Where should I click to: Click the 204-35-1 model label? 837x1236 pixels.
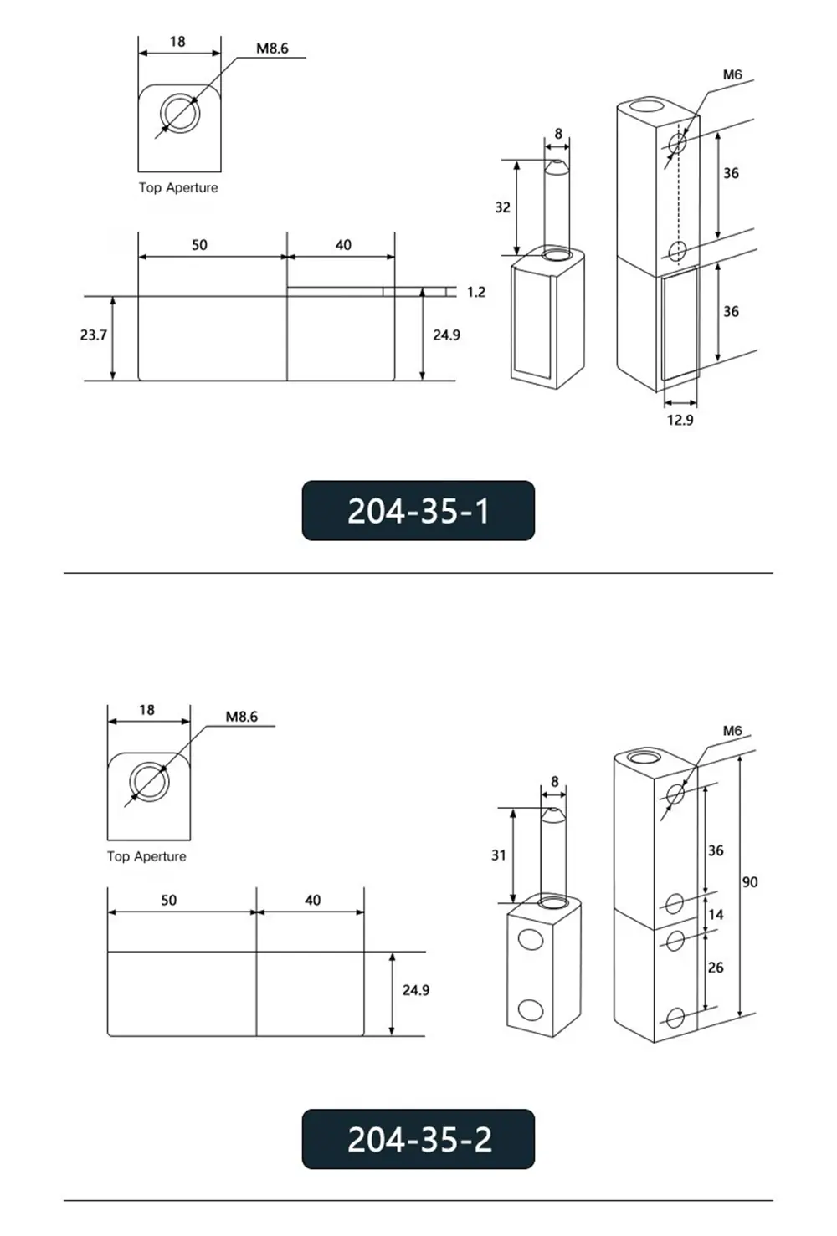pos(418,510)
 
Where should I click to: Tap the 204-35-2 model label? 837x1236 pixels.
pos(418,1139)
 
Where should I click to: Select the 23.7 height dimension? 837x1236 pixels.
pos(94,335)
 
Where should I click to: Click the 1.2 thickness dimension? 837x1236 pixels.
pos(475,292)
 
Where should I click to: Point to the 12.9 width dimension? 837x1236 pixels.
pos(680,420)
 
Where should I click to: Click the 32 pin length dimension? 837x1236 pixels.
pos(502,207)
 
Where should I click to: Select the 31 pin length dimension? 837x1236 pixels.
pos(499,855)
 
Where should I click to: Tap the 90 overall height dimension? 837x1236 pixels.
pos(750,882)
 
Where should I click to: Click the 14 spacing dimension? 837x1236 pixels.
pos(716,914)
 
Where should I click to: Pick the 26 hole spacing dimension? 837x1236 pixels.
pos(716,967)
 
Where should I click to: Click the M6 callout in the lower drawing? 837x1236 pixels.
pos(732,731)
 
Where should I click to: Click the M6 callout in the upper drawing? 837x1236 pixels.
pos(732,74)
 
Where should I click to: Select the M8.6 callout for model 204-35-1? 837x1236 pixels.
pos(272,49)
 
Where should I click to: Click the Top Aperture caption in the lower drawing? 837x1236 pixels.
pos(146,856)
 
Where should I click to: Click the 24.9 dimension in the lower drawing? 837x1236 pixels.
pos(415,990)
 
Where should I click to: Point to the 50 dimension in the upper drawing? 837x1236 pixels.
pos(199,245)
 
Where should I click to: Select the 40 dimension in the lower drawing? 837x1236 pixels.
pos(312,901)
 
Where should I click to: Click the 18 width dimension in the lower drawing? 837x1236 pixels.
pos(146,710)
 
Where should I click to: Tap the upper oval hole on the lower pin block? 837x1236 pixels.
pos(530,940)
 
